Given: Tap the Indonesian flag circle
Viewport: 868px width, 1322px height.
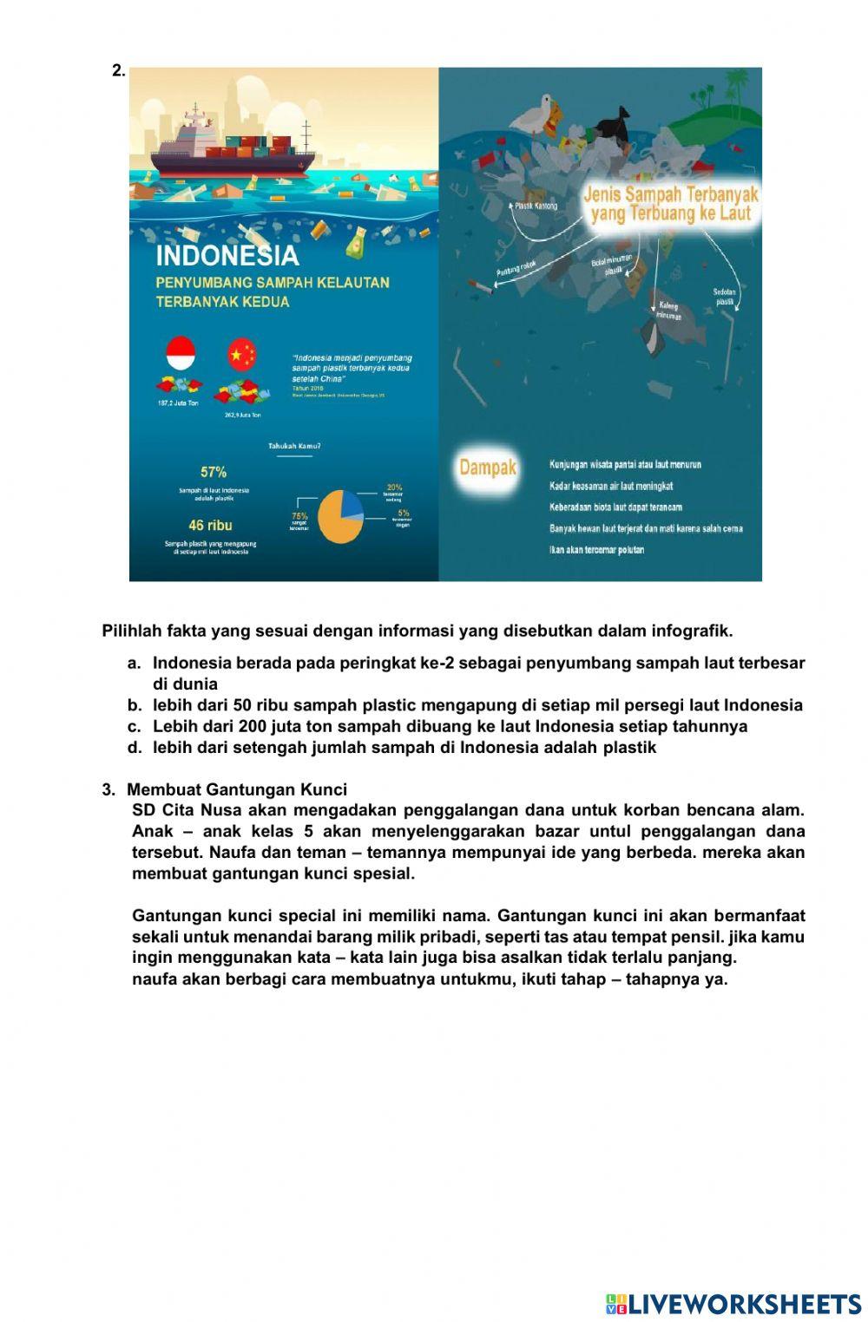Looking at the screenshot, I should [x=181, y=354].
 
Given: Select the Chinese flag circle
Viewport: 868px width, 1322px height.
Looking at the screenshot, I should [x=242, y=354].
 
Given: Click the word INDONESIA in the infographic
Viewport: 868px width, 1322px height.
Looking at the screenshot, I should [x=227, y=256].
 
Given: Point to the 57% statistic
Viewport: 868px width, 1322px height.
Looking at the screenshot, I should [x=214, y=472].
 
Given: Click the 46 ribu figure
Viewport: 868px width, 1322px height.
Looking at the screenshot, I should [x=210, y=525].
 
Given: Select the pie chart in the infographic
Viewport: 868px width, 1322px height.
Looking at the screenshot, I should [x=340, y=516].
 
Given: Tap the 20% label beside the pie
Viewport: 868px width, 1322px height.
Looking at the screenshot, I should [x=394, y=488].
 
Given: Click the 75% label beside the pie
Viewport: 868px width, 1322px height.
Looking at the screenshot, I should [x=299, y=515].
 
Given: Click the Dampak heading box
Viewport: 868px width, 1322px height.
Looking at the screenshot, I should [x=487, y=468].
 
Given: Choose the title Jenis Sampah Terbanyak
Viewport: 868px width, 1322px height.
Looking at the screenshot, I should [x=670, y=204].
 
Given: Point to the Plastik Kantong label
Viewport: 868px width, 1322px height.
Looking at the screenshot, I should [x=536, y=206].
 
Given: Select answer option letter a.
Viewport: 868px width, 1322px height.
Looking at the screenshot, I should [x=134, y=664].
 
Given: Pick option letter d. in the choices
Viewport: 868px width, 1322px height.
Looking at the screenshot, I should [x=134, y=748].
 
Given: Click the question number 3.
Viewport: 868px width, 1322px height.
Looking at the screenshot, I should [x=108, y=790].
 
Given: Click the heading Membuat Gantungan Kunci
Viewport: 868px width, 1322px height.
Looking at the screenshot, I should [x=237, y=790].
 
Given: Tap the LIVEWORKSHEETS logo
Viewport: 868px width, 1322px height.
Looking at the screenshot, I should [x=733, y=1304].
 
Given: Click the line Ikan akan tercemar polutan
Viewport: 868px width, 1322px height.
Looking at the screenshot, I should [x=596, y=550].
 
